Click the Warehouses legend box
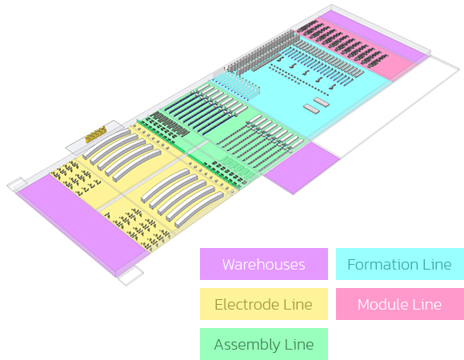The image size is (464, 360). coord(264,264)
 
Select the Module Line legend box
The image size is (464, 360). coord(400,304)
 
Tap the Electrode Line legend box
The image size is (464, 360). coord(264,304)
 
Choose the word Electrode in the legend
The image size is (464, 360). coord(246,304)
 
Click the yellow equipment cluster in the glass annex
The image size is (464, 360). coord(95,134)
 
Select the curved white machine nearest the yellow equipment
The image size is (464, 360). coord(106,143)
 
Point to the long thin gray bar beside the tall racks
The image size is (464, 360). coord(266,62)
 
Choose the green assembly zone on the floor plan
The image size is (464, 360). coord(225,133)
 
